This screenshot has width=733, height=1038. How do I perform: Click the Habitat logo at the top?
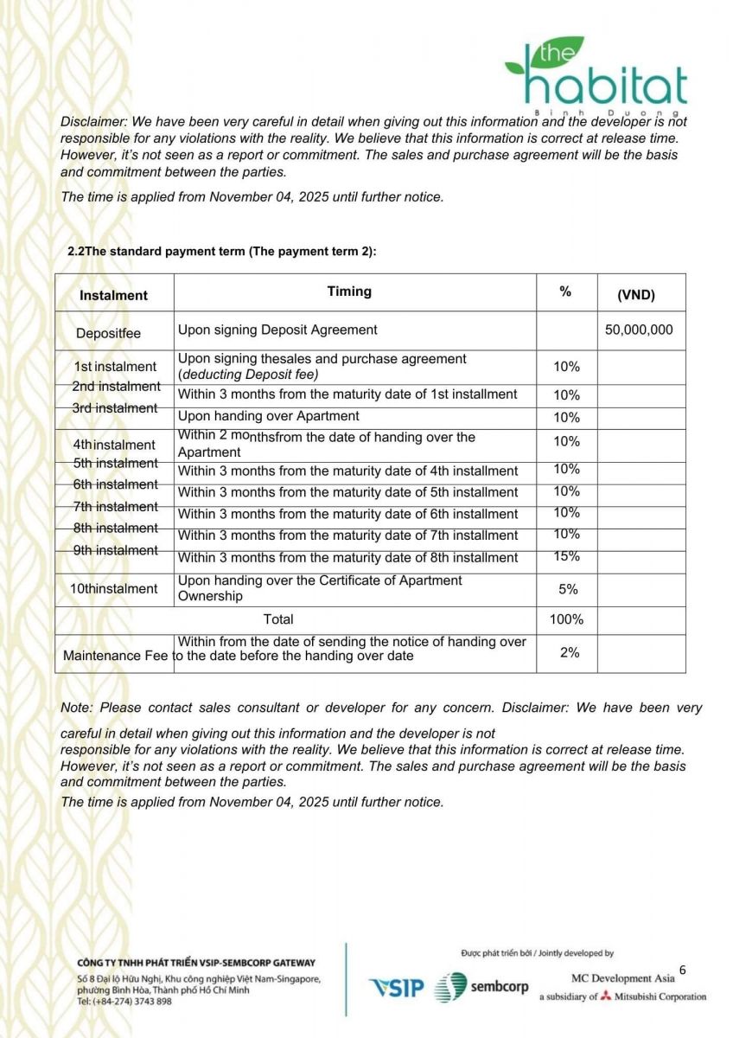click(x=596, y=79)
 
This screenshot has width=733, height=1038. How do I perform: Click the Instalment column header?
click(x=113, y=295)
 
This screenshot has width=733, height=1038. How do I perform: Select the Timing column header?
click(x=349, y=292)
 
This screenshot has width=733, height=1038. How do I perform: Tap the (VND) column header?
click(x=636, y=295)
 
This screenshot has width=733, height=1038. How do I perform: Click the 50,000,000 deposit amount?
click(x=639, y=330)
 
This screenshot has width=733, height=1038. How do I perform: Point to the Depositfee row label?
click(x=108, y=333)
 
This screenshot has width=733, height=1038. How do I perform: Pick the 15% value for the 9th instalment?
click(x=566, y=556)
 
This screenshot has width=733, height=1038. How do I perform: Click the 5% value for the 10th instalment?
click(x=568, y=589)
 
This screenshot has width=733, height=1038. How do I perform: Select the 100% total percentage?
click(x=566, y=619)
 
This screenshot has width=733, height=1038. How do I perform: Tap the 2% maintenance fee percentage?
click(x=569, y=652)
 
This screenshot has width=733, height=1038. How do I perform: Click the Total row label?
click(x=278, y=619)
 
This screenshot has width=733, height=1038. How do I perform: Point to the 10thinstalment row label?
click(x=114, y=589)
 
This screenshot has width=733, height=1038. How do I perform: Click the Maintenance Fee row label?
click(x=115, y=656)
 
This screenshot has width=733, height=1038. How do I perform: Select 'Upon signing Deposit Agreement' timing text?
click(x=277, y=330)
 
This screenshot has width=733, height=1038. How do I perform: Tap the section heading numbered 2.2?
click(x=222, y=251)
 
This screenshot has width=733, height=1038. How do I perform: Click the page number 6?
click(x=682, y=970)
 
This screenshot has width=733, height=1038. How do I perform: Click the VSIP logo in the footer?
click(x=397, y=988)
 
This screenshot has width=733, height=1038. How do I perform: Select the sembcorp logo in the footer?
click(x=481, y=987)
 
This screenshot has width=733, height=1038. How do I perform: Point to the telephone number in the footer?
click(x=124, y=1001)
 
